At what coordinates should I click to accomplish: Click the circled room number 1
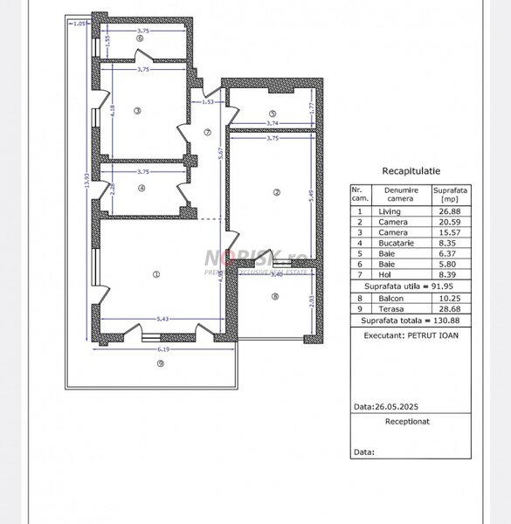coord(155,275)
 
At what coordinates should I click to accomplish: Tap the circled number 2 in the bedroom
coord(275,192)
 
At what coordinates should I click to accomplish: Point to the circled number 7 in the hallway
coord(206,133)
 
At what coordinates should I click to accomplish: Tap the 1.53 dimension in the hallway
coord(208,102)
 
